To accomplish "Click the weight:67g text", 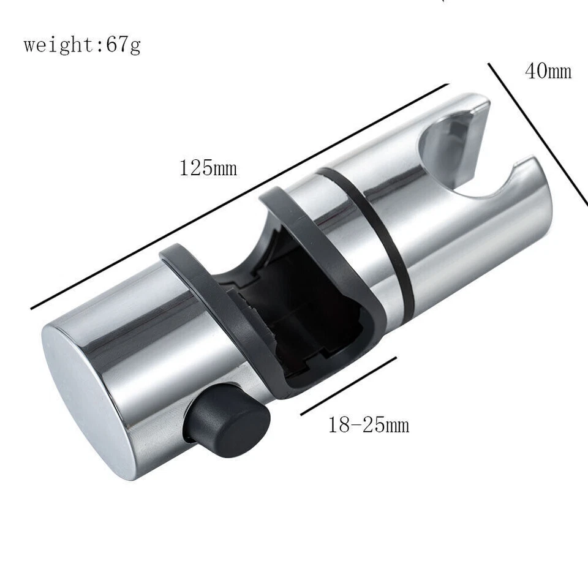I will coord(82,45).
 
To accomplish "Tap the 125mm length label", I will coord(208,168).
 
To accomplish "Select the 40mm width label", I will coord(548,72).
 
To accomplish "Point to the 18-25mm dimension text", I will coord(368,424).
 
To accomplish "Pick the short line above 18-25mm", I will coord(349,386).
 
